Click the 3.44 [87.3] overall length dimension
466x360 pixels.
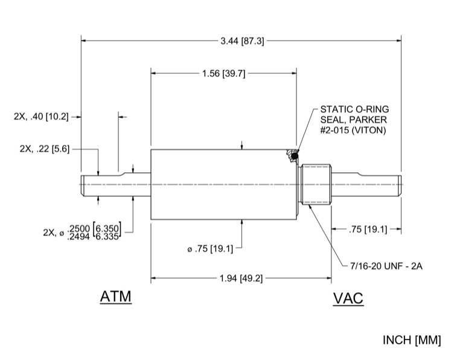coord(241,40)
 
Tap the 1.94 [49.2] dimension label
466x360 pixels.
coord(241,278)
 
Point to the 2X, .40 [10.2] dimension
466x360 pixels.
coord(41,117)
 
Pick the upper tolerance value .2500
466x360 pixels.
coord(80,227)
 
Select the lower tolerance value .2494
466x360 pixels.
coord(80,235)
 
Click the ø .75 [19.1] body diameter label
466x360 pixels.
coord(215,247)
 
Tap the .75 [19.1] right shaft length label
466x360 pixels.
coord(368,229)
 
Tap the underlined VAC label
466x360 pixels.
coord(348,298)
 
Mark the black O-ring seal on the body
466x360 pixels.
coord(294,157)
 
